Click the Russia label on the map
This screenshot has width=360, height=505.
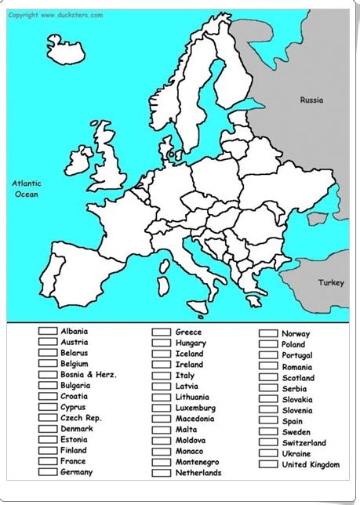pyautogui.click(x=311, y=100)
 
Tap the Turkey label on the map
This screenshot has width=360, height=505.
pyautogui.click(x=330, y=282)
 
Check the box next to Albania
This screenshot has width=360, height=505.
pyautogui.click(x=47, y=331)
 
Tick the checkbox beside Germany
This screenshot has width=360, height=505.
pyautogui.click(x=47, y=472)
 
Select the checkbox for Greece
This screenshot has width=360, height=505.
pyautogui.click(x=162, y=332)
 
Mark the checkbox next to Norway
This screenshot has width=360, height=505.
pyautogui.click(x=269, y=333)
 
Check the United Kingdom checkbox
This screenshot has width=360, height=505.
pyautogui.click(x=269, y=464)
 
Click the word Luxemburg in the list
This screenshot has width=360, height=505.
pyautogui.click(x=195, y=408)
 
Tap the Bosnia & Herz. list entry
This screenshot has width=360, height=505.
pyautogui.click(x=89, y=375)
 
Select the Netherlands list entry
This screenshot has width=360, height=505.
pyautogui.click(x=198, y=473)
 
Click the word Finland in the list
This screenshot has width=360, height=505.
pyautogui.click(x=74, y=450)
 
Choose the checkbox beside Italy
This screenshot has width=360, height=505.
pyautogui.click(x=162, y=375)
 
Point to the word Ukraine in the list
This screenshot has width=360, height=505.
pyautogui.click(x=296, y=453)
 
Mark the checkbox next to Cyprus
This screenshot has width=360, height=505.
pyautogui.click(x=47, y=407)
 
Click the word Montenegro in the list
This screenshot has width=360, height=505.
pyautogui.click(x=199, y=462)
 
